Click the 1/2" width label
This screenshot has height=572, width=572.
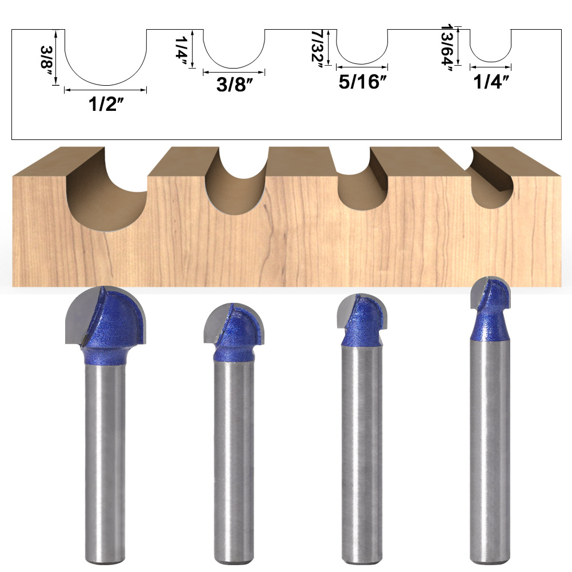click(x=106, y=104)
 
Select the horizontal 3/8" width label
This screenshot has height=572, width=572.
click(x=234, y=85)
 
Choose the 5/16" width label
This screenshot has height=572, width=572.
click(x=362, y=82)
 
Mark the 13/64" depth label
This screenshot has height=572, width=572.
click(x=447, y=48)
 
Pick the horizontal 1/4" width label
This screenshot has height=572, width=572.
click(x=491, y=82)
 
